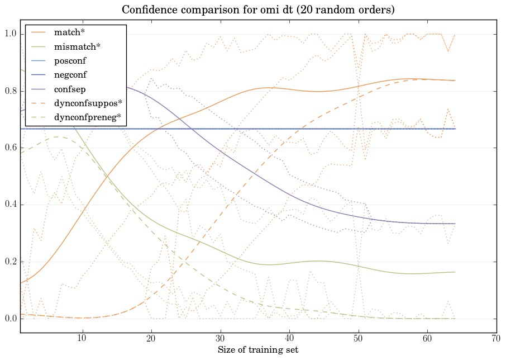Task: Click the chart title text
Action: pos(257,10)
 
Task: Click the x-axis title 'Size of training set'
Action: pos(257,350)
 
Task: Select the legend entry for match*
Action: pos(66,32)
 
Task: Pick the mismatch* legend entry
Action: pos(73,46)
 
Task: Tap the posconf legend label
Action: pos(70,60)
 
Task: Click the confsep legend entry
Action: pos(69,89)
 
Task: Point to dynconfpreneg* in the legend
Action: pos(87,118)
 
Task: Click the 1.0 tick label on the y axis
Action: pos(10,34)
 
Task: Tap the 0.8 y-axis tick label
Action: pos(10,91)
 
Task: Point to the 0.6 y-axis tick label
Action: pos(10,148)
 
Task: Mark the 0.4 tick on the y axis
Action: pos(10,205)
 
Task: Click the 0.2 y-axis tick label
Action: pos(10,262)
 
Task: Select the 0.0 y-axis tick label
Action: pos(10,319)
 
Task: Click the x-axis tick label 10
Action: pos(82,339)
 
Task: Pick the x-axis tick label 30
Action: pos(220,339)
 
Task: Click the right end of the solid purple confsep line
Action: pos(455,224)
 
